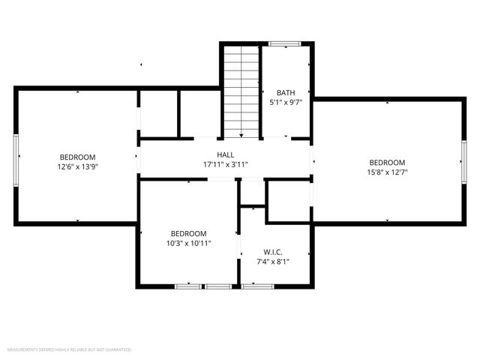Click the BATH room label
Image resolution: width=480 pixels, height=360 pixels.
coord(285,93)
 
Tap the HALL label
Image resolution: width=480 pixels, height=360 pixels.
coord(225,154)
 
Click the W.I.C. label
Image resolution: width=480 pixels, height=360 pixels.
coord(272,252)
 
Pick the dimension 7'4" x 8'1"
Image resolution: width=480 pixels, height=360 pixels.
coord(272,262)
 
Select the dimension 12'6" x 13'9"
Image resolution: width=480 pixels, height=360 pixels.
coord(78,167)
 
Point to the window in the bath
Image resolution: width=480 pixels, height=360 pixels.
coord(285,43)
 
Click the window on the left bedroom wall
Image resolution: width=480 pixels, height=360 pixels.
coord(16,159)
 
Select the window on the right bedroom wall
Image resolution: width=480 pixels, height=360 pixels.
coord(463,163)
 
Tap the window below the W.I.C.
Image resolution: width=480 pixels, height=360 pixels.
coord(258,286)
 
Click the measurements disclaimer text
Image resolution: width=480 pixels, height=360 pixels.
coord(69,349)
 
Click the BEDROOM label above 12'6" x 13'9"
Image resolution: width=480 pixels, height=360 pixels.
coord(78,157)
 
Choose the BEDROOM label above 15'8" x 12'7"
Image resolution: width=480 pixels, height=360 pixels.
coord(387,162)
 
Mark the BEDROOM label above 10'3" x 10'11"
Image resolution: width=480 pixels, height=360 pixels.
coord(188,233)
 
